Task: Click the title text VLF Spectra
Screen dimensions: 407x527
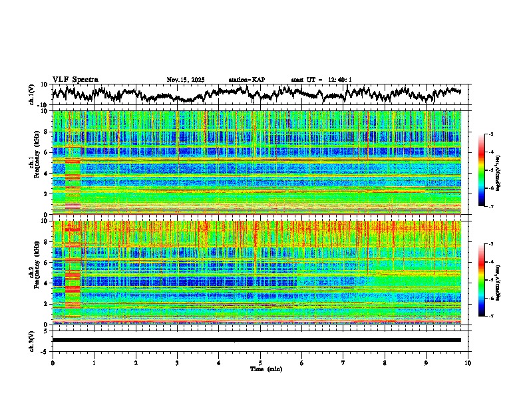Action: pos(75,80)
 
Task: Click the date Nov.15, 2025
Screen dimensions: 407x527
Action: pos(186,80)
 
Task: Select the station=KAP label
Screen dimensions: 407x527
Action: pos(247,80)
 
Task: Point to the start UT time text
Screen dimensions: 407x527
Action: pos(321,80)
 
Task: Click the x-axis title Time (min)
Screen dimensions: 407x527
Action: pos(266,368)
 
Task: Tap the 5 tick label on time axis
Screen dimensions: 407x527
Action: pos(260,363)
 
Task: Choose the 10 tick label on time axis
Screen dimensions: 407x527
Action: pos(468,363)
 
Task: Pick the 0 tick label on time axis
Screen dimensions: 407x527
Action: pos(53,363)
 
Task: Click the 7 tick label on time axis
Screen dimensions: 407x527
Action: pos(343,363)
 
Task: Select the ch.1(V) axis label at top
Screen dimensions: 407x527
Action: pos(32,94)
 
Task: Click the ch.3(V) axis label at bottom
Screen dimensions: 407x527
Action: pos(32,340)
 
